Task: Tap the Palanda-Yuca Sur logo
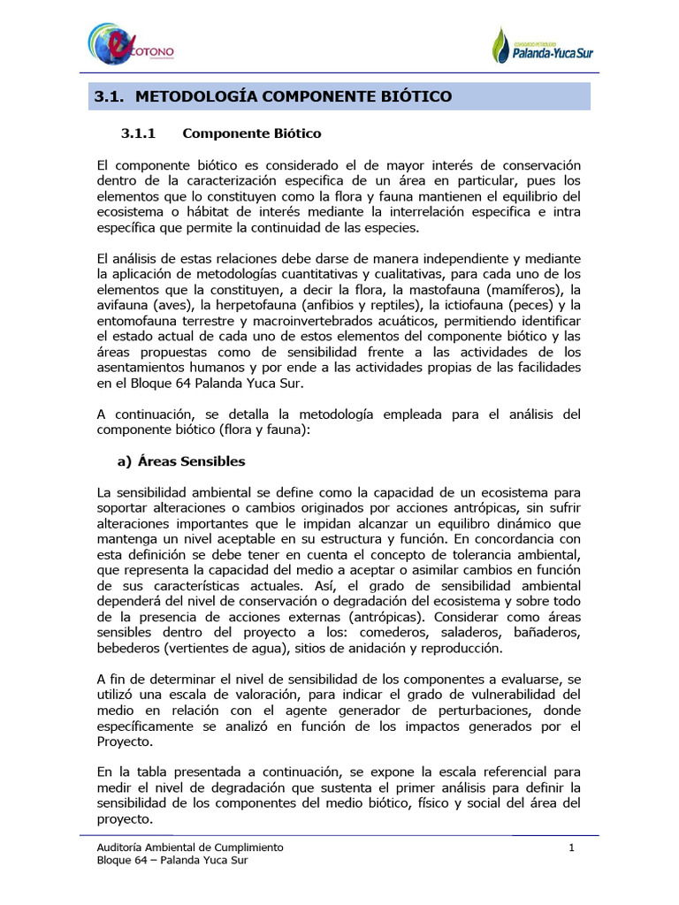[542, 47]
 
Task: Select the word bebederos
[131, 649]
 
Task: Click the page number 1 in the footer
[572, 848]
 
